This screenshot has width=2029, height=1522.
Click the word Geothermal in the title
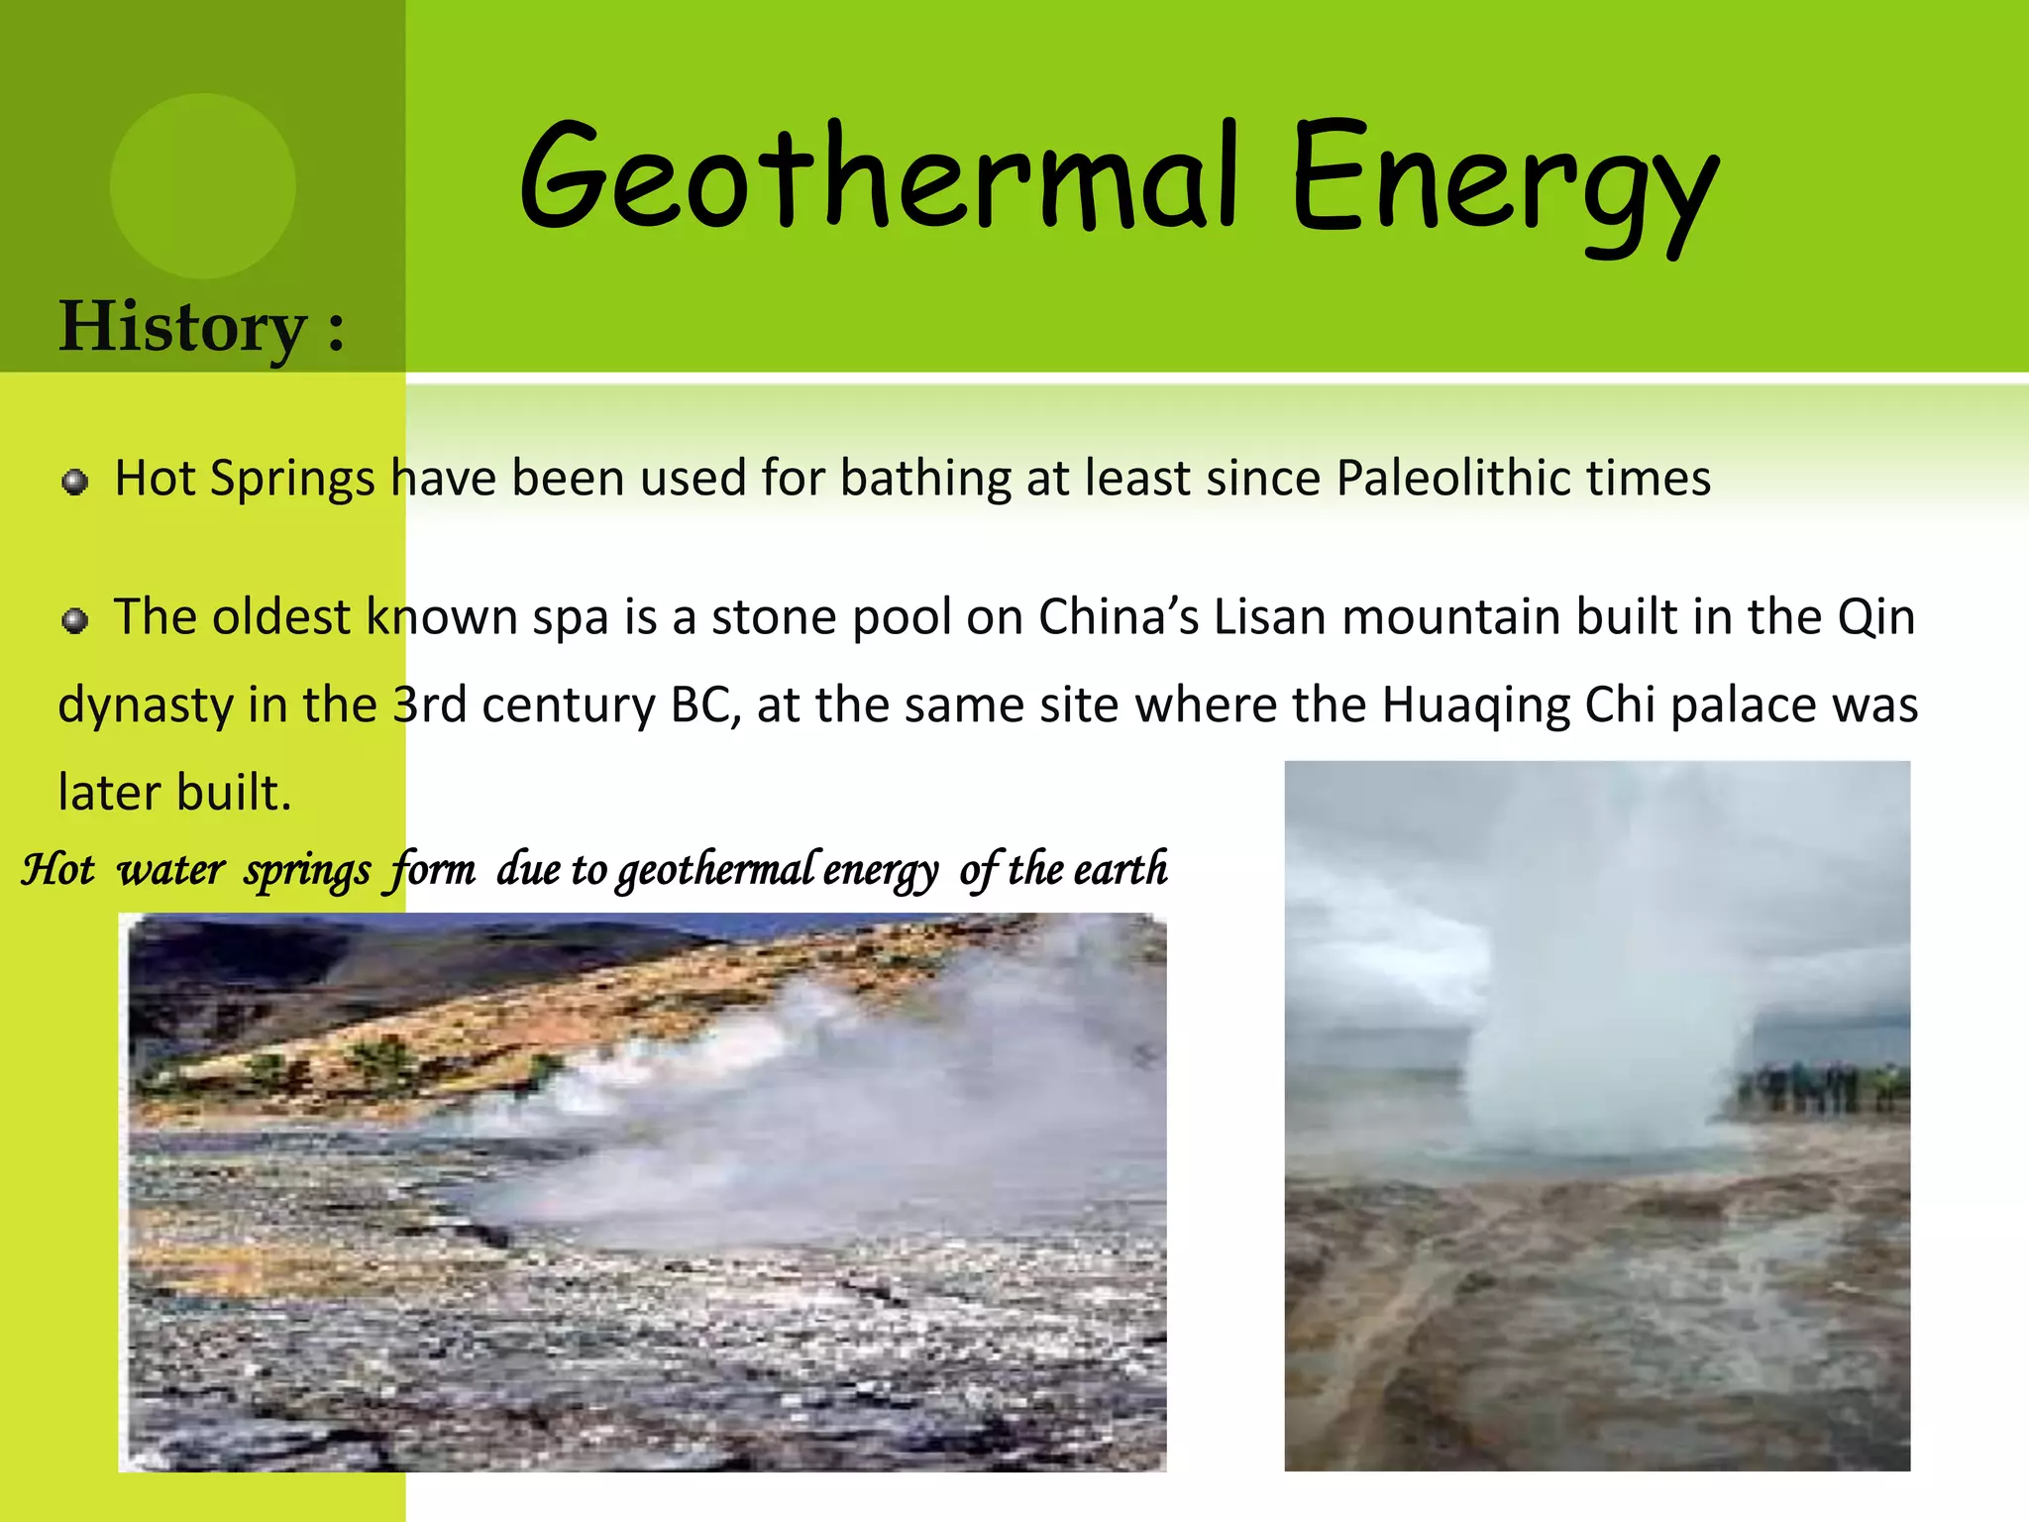pyautogui.click(x=878, y=178)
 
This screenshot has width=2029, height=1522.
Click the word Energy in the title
pyautogui.click(x=1504, y=183)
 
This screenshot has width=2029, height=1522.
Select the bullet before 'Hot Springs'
pyautogui.click(x=74, y=483)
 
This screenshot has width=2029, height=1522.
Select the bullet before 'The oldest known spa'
pyautogui.click(x=74, y=621)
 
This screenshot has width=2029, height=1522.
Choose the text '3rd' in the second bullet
pyautogui.click(x=429, y=706)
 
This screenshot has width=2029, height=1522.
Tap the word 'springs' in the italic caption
pyautogui.click(x=307, y=871)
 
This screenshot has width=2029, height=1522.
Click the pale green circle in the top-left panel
pyautogui.click(x=202, y=185)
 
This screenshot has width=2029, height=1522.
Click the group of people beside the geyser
pyautogui.click(x=1819, y=1087)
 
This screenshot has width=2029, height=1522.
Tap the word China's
pyautogui.click(x=1119, y=617)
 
